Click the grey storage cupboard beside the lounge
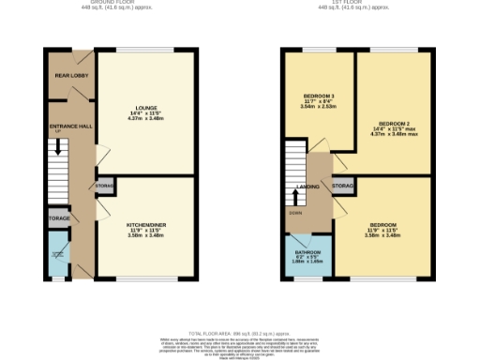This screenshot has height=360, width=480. [x=105, y=187]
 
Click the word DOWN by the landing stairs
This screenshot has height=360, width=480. [x=295, y=213]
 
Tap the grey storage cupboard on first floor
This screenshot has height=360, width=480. [x=343, y=187]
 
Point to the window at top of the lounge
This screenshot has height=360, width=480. [x=146, y=50]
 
